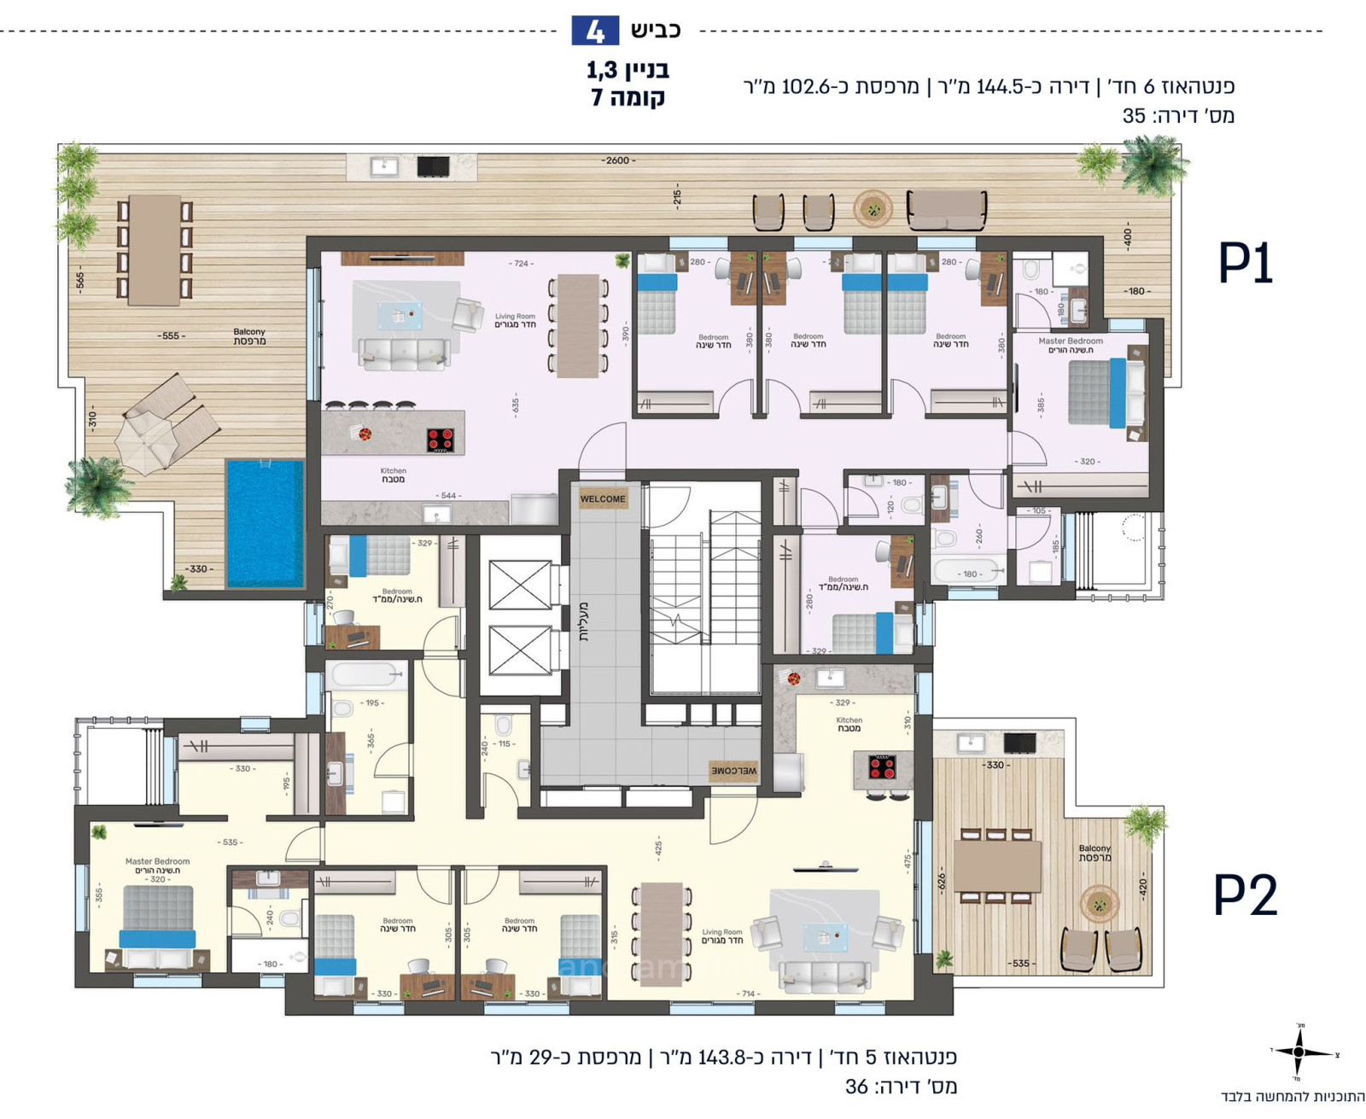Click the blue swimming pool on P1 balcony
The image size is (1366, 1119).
(x=265, y=523)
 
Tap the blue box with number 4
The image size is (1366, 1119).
(x=595, y=31)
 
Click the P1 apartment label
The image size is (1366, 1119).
(x=1245, y=264)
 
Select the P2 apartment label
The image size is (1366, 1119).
(x=1245, y=895)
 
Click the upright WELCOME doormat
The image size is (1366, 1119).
(x=603, y=499)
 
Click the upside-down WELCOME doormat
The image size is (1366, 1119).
(x=733, y=771)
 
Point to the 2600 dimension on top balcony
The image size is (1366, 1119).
(x=618, y=160)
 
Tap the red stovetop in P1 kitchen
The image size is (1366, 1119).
(x=441, y=440)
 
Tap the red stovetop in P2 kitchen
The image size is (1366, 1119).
(x=882, y=767)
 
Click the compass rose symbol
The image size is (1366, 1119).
(x=1299, y=1052)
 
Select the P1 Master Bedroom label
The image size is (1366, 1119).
(x=1071, y=345)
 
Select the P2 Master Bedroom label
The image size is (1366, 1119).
(x=157, y=865)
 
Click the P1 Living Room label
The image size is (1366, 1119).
(x=515, y=320)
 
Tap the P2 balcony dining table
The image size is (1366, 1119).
(x=997, y=865)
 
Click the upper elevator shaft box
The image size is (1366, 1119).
(x=520, y=585)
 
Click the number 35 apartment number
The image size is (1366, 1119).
(x=1134, y=116)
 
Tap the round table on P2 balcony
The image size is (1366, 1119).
(x=1100, y=905)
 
